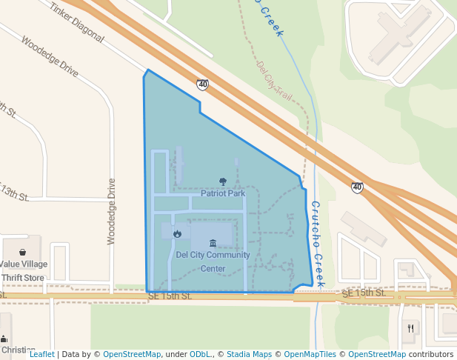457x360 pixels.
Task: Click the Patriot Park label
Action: click(x=222, y=193)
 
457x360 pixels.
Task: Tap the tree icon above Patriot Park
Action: click(x=223, y=181)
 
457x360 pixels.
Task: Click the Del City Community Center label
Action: click(x=213, y=261)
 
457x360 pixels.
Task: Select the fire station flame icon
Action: click(x=177, y=233)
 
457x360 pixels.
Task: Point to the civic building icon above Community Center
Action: click(x=213, y=243)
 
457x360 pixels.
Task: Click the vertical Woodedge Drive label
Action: click(x=112, y=211)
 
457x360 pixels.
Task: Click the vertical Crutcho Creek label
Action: click(x=317, y=244)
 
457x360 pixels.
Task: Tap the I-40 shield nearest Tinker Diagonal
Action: click(x=202, y=85)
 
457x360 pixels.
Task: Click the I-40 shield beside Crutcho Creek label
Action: click(x=357, y=188)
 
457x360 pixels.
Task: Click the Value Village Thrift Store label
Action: click(x=23, y=270)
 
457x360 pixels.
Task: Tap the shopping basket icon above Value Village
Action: click(x=23, y=252)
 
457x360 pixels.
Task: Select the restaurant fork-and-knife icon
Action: click(x=410, y=327)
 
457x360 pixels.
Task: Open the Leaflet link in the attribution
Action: click(x=41, y=355)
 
